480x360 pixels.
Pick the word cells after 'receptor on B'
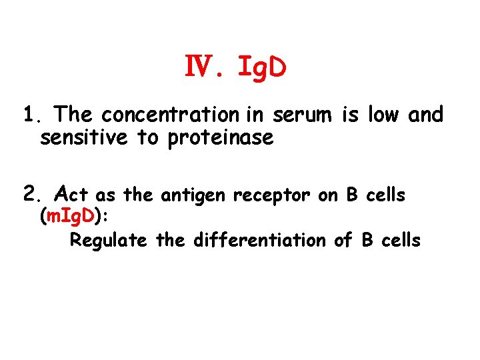tap(385, 195)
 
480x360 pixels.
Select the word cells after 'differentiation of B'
tap(401, 240)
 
